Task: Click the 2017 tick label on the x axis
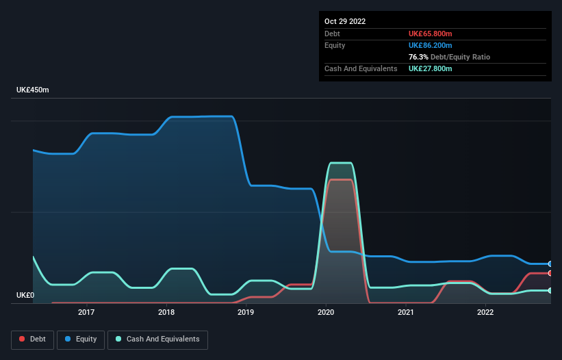86,313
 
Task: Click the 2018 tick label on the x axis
166,313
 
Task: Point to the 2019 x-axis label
246,313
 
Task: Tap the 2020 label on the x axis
326,313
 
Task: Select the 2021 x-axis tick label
406,313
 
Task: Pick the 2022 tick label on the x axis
485,313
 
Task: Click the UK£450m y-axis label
33,90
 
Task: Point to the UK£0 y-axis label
27,296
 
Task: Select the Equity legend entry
80,339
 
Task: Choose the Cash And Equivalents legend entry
157,339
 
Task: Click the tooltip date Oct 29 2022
345,21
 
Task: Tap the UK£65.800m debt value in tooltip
431,34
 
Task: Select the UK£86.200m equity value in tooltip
431,45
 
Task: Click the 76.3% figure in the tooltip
418,57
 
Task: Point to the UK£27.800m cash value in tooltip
431,68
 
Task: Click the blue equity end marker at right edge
550,263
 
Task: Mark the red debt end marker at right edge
550,273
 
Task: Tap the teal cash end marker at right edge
550,291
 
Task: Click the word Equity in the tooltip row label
335,45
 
